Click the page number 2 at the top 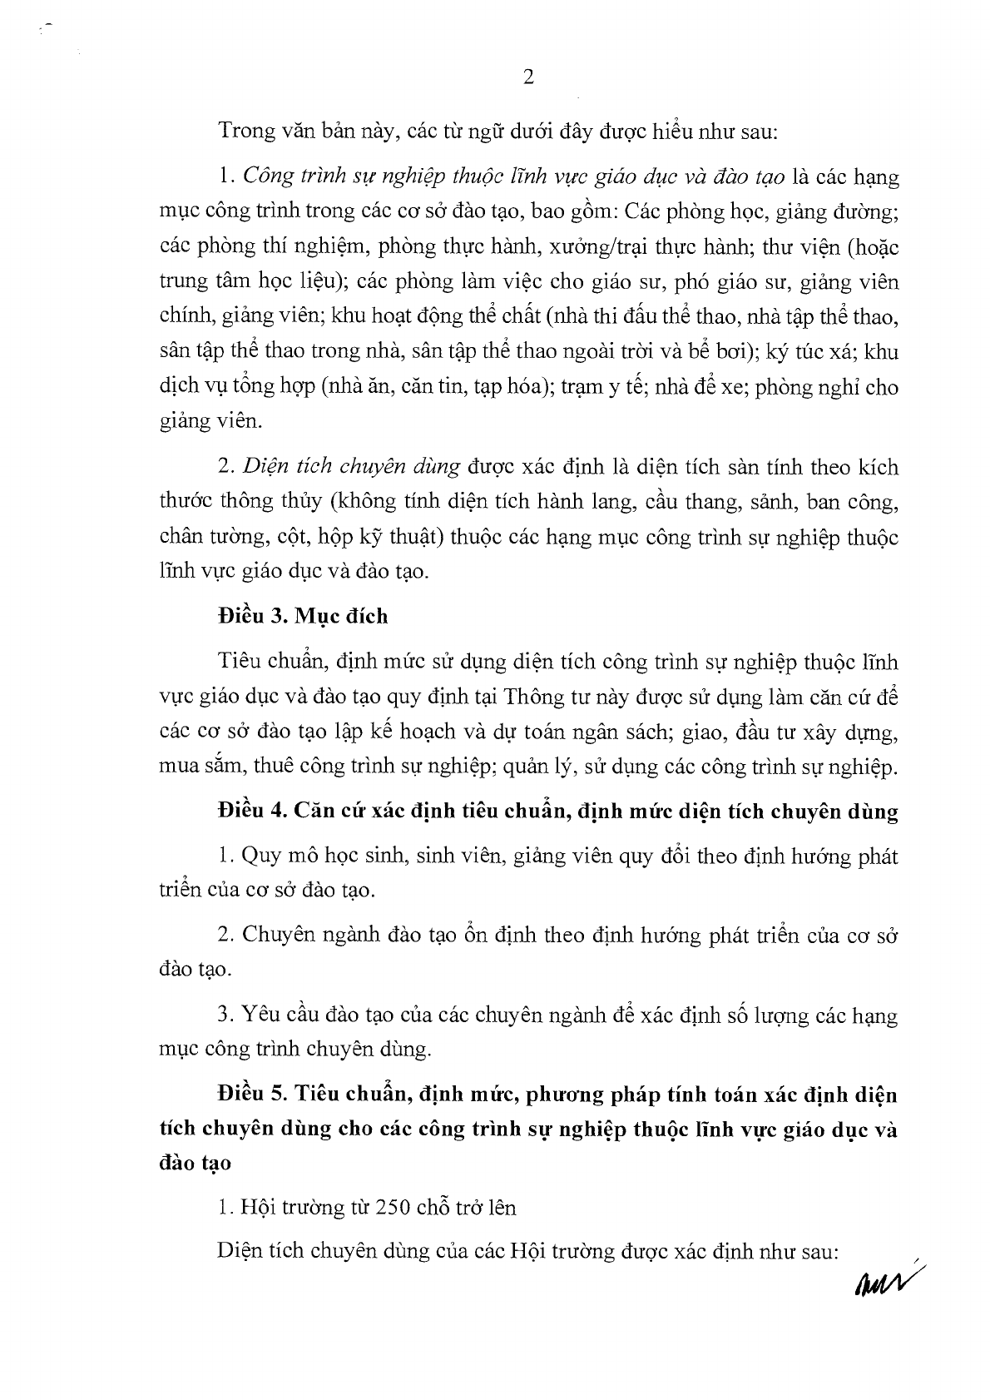tap(527, 77)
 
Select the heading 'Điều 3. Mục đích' tap(302, 616)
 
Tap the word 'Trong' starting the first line tap(241, 131)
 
